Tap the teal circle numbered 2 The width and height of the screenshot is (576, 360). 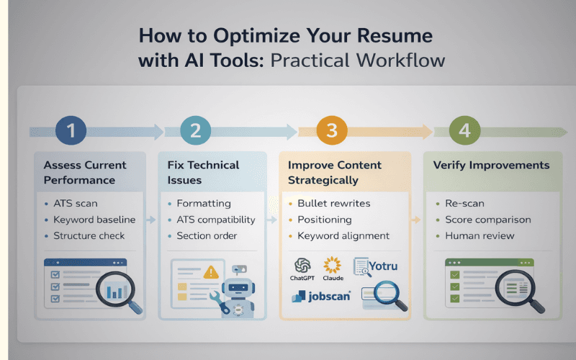point(195,131)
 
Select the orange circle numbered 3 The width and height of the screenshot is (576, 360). point(331,131)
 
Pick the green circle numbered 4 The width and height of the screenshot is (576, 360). point(465,131)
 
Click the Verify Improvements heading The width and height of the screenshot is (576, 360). point(491,165)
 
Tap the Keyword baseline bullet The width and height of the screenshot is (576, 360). point(89,220)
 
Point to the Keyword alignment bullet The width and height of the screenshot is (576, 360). point(343,235)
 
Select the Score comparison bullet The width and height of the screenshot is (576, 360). point(487,219)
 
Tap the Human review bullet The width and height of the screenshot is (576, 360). point(479,235)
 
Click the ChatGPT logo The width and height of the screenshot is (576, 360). point(302,266)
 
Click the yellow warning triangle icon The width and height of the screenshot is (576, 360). point(210,271)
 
